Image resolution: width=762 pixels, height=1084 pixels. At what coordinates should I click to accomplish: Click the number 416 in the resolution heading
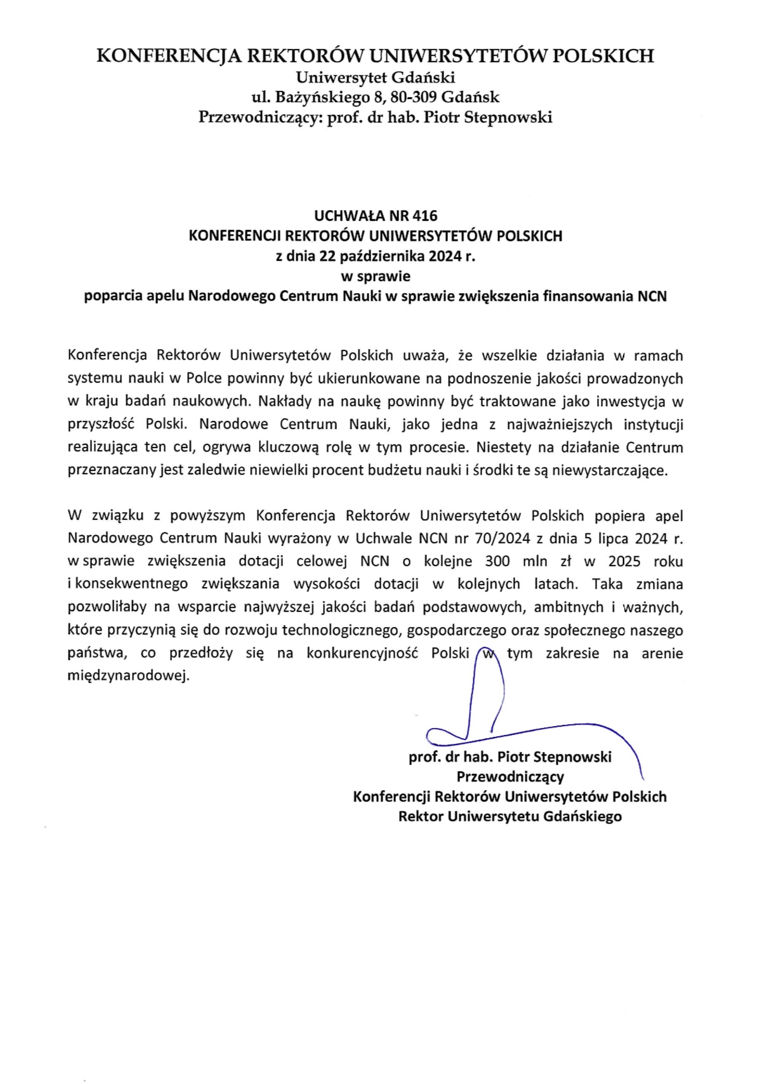423,216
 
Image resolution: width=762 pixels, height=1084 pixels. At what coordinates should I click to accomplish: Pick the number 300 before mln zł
498,561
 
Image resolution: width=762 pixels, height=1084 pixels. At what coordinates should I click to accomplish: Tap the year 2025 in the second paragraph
624,561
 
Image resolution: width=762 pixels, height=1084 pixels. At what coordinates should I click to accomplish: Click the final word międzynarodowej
129,676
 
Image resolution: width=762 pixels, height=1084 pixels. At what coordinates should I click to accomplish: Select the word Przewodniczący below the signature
510,776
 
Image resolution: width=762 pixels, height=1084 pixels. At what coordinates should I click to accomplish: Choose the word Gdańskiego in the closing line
582,816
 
